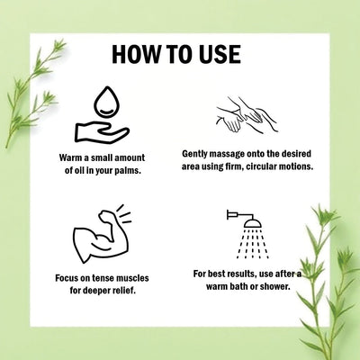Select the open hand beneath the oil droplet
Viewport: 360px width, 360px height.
click(x=102, y=132)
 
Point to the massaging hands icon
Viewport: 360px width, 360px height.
click(x=247, y=114)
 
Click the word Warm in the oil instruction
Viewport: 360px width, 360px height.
click(x=70, y=157)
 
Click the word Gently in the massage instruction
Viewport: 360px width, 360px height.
click(x=195, y=154)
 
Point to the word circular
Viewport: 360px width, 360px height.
click(x=260, y=166)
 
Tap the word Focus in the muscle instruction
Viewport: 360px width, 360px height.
click(x=67, y=278)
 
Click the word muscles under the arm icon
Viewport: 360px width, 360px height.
click(x=132, y=278)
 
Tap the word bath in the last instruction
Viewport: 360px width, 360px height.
click(x=238, y=286)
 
